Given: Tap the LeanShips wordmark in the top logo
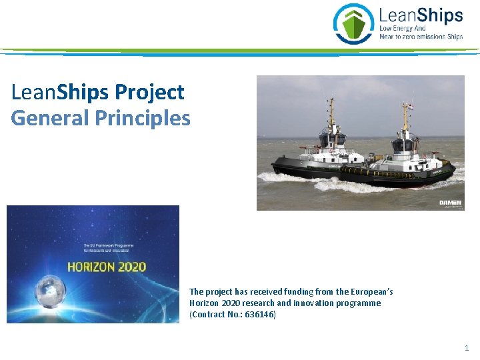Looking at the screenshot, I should pyautogui.click(x=421, y=15).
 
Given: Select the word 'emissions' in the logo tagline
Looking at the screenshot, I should pyautogui.click(x=429, y=37).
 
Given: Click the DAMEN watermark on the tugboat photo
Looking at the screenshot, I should pyautogui.click(x=450, y=203).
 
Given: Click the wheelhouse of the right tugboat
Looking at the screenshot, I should pyautogui.click(x=404, y=143).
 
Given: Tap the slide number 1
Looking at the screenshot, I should pyautogui.click(x=467, y=348).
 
